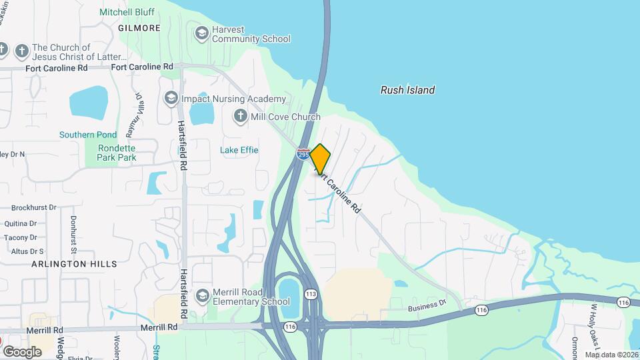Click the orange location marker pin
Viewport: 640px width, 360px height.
[x=321, y=159]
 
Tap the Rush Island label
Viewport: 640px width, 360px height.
[x=407, y=90]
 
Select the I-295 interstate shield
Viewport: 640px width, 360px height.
[x=304, y=153]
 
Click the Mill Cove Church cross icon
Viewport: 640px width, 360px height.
[x=240, y=117]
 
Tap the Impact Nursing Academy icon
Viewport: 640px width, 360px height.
[x=171, y=99]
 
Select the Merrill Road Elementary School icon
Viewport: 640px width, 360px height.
[x=202, y=295]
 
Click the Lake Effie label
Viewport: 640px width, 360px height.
[x=239, y=150]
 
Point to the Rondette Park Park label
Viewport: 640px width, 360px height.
[x=117, y=153]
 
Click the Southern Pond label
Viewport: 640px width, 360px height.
[x=87, y=135]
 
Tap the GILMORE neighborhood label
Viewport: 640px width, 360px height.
[x=139, y=28]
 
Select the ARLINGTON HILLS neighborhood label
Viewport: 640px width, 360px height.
[x=74, y=264]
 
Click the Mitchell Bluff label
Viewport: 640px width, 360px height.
[x=127, y=12]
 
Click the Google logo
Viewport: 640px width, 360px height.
[x=22, y=351]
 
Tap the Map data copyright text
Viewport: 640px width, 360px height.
[x=611, y=355]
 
